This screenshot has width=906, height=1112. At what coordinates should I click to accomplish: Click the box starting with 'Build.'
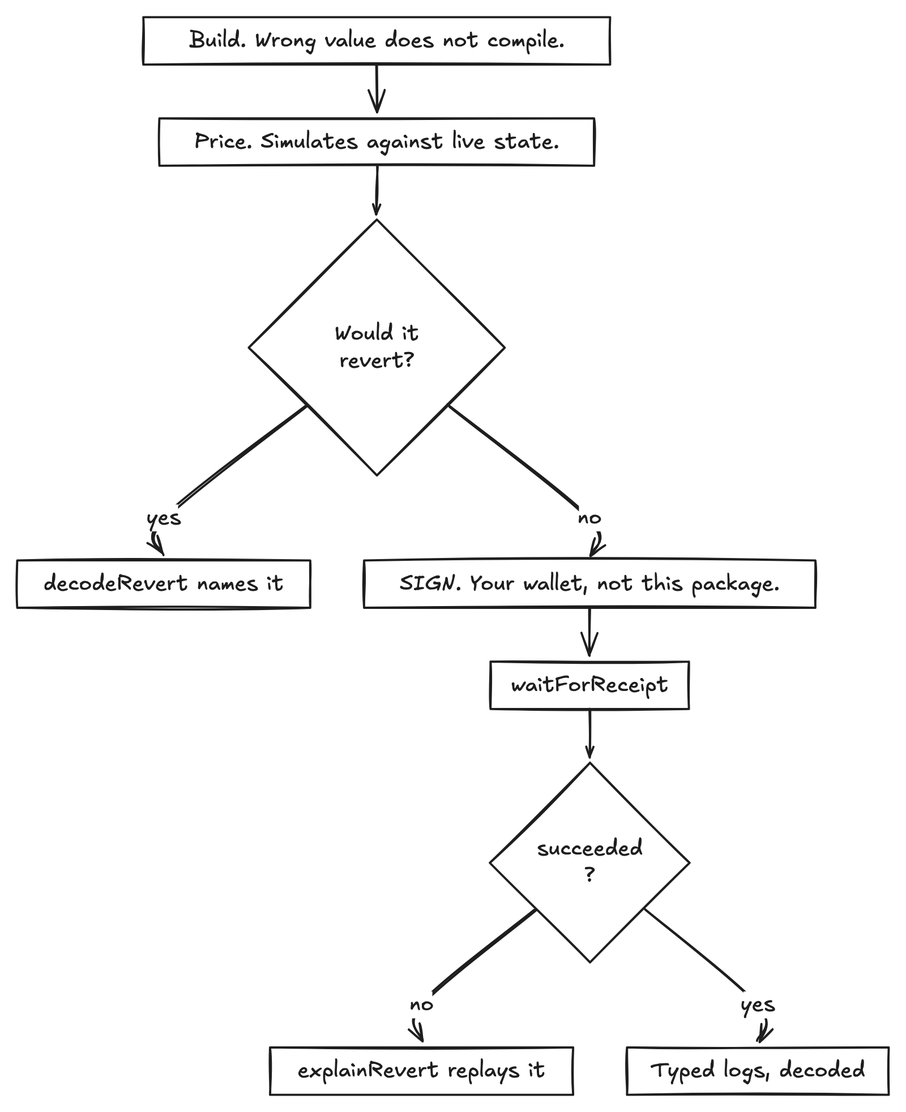(377, 41)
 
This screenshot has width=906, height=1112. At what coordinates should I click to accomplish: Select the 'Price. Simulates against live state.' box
(377, 141)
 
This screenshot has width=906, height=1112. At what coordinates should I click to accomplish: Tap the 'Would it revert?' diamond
(377, 347)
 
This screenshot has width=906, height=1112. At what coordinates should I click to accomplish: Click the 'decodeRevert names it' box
(164, 583)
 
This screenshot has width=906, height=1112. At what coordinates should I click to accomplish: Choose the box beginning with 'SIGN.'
(589, 583)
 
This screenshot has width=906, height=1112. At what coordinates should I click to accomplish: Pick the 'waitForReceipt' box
(589, 685)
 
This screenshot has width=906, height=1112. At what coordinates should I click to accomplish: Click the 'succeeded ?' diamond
(589, 862)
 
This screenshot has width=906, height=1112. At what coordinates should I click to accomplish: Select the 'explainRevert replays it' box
(421, 1070)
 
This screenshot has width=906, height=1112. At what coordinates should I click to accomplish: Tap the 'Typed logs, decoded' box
(758, 1070)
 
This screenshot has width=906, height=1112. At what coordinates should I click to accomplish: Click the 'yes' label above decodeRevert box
(164, 518)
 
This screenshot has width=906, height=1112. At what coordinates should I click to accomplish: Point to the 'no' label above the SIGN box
(589, 518)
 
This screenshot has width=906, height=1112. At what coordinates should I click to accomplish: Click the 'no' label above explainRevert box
(421, 1004)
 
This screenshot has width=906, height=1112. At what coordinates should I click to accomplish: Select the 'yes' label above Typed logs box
(758, 1005)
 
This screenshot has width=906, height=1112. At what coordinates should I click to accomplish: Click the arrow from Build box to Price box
(377, 89)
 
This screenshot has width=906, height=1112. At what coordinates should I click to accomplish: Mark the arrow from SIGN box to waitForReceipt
(589, 632)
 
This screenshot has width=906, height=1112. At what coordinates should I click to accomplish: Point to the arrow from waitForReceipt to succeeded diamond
(589, 734)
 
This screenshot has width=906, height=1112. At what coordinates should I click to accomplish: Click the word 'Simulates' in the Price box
(309, 141)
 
